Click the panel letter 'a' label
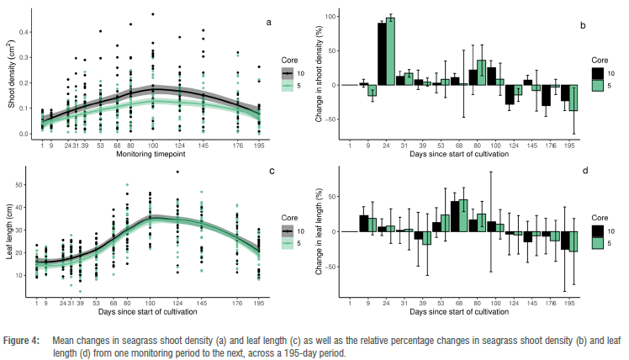tap(268, 22)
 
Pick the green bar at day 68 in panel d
tap(463, 215)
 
